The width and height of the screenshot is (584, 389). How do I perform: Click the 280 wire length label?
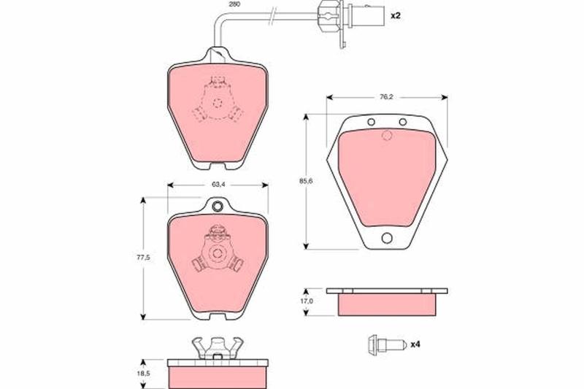(235, 4)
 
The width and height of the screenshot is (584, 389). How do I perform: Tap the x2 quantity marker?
(395, 16)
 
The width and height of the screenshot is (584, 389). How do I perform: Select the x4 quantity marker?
(415, 344)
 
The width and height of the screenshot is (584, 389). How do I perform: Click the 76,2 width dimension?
(387, 97)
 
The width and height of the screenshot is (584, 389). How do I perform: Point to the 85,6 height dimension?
(306, 181)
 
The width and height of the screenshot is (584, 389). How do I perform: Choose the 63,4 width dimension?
(218, 184)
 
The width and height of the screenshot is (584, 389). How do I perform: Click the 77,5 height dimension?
(143, 257)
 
